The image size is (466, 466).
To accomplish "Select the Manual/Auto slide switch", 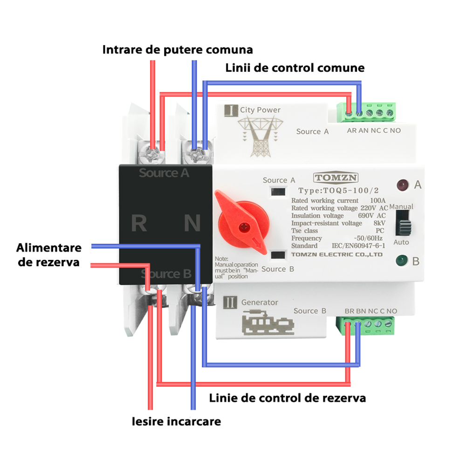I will point(403,223).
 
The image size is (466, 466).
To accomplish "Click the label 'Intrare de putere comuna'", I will point(178,49).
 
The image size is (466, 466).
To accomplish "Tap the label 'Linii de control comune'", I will point(295,68).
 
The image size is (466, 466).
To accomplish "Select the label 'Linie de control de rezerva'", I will point(287,398).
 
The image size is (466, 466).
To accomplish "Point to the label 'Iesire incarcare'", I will point(176,422).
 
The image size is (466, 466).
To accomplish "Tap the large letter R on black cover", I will point(139,223).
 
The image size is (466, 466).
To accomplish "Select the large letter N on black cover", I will point(192,223).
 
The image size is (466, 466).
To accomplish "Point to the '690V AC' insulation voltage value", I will point(371,216).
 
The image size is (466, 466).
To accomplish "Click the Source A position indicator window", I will point(279,192).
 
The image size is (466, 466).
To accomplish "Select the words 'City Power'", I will point(260,110).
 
